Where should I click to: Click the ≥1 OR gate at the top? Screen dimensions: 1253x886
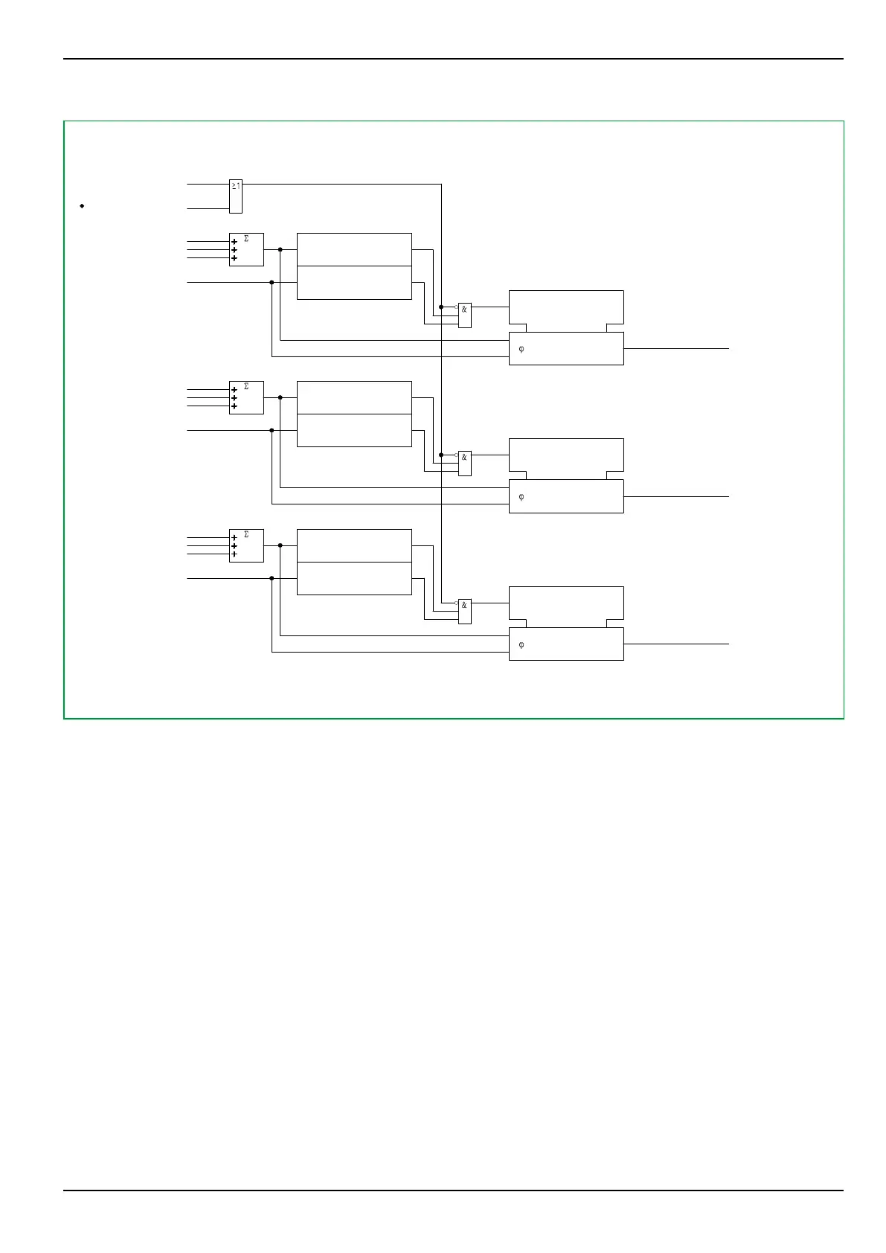[235, 196]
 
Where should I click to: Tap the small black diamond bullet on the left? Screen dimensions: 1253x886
[82, 205]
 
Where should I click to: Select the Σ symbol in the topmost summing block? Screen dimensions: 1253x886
[246, 239]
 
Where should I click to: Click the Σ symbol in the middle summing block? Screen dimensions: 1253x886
[246, 387]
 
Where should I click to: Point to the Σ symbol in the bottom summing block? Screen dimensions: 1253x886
[246, 535]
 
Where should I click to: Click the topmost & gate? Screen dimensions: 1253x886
[464, 315]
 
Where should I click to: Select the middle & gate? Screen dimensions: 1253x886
[464, 463]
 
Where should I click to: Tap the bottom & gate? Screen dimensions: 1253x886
[464, 611]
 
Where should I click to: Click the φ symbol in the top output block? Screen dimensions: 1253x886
[521, 348]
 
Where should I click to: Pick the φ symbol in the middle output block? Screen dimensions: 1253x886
[521, 496]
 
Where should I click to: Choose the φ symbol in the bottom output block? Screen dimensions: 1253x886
[521, 644]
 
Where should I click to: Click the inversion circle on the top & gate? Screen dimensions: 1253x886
[456, 307]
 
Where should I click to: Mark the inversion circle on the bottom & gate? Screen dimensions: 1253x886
[456, 603]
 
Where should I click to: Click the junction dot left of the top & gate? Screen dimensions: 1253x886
[441, 307]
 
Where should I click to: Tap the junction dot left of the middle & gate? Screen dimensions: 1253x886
[441, 455]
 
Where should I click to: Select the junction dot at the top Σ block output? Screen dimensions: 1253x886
[280, 249]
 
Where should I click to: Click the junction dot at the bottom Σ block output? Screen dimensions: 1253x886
[280, 545]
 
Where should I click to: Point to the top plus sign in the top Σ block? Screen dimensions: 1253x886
[234, 242]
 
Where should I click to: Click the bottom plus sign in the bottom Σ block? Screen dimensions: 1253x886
[234, 554]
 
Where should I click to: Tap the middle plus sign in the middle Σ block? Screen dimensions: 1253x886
[234, 398]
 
